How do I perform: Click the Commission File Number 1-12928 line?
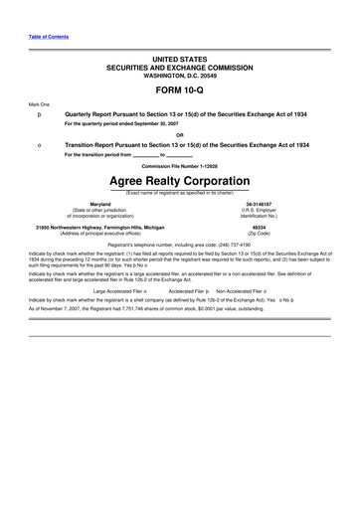point(179,166)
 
